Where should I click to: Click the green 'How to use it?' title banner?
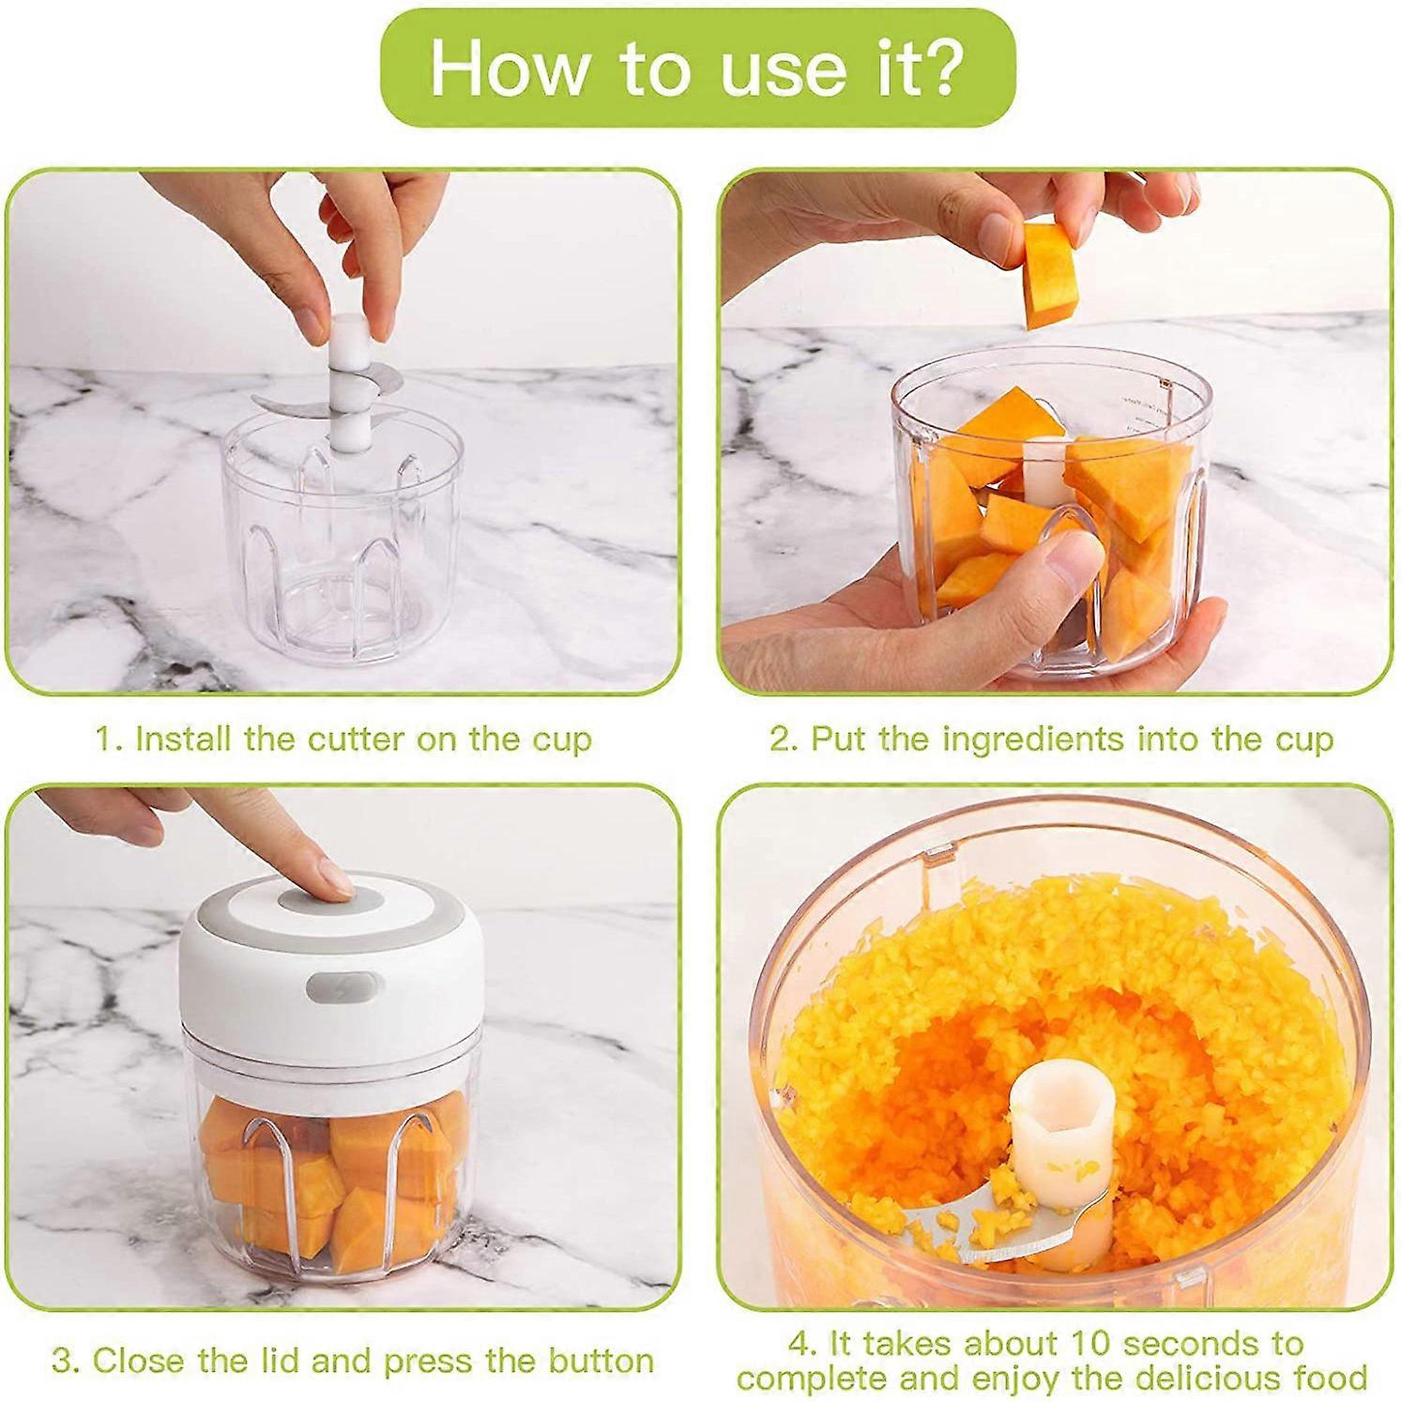click(x=699, y=68)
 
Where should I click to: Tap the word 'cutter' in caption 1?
click(x=355, y=739)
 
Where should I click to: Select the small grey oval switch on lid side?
click(x=337, y=985)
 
